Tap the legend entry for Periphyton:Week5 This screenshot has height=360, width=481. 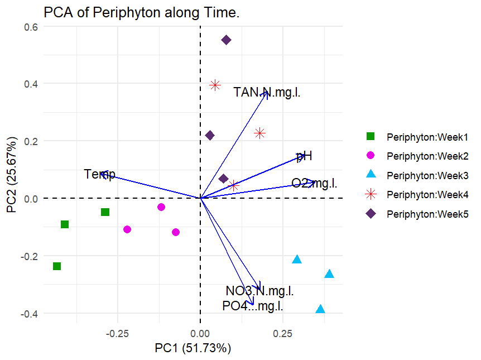click(x=427, y=214)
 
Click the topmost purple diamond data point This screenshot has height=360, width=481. click(x=227, y=40)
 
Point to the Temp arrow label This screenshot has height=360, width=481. click(x=100, y=175)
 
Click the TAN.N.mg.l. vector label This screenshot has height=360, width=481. click(x=267, y=92)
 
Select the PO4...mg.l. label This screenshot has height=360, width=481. click(x=252, y=306)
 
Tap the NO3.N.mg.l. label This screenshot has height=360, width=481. click(x=259, y=291)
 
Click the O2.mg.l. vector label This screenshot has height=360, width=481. click(x=314, y=183)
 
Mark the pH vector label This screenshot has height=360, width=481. click(x=304, y=156)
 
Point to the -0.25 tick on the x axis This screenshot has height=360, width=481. click(x=118, y=333)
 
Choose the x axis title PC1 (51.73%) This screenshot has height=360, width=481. click(x=193, y=348)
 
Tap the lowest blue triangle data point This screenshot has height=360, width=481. click(x=320, y=310)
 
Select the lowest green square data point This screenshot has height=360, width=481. click(x=56, y=266)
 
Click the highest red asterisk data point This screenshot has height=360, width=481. click(x=215, y=85)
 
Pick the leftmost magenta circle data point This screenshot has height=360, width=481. click(x=127, y=229)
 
